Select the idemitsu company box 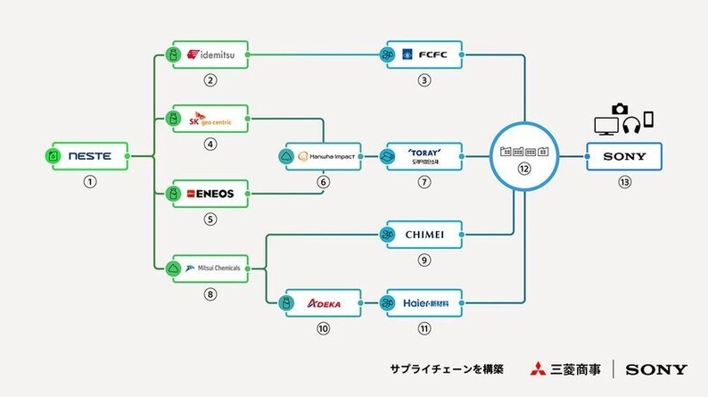click(211, 54)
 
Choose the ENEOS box click(211, 192)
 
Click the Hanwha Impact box click(323, 156)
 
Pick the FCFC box click(424, 54)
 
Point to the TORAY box click(424, 156)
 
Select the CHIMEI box click(424, 235)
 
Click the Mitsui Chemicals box click(211, 267)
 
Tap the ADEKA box click(323, 303)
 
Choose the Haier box click(424, 303)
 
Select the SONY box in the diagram click(624, 157)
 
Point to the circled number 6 click(324, 182)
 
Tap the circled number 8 click(211, 293)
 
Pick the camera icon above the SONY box click(621, 109)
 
